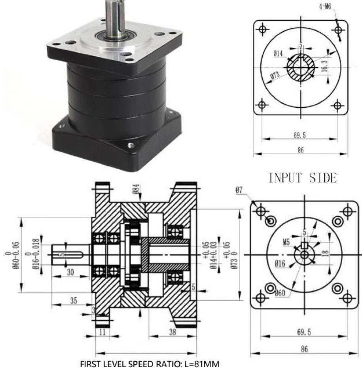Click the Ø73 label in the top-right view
275,76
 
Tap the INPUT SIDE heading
303,178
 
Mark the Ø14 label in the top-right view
278,53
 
